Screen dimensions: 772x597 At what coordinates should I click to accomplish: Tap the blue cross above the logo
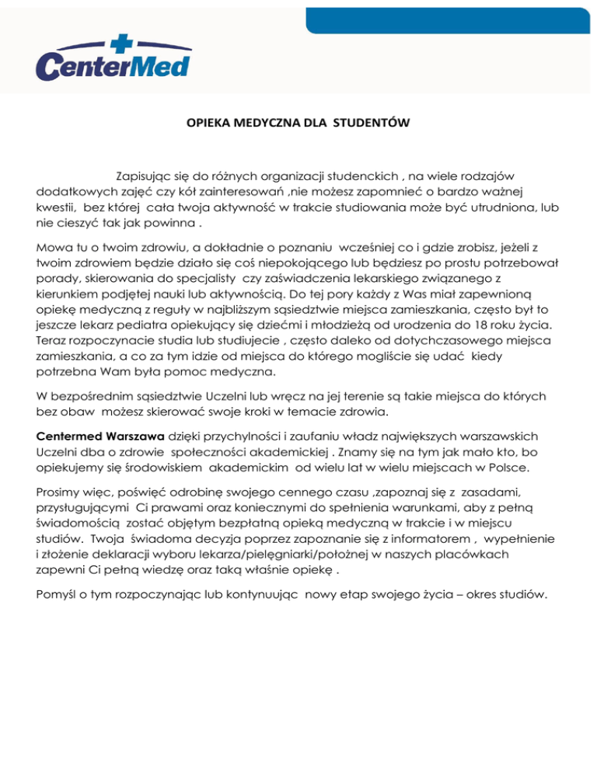[x=114, y=40]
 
